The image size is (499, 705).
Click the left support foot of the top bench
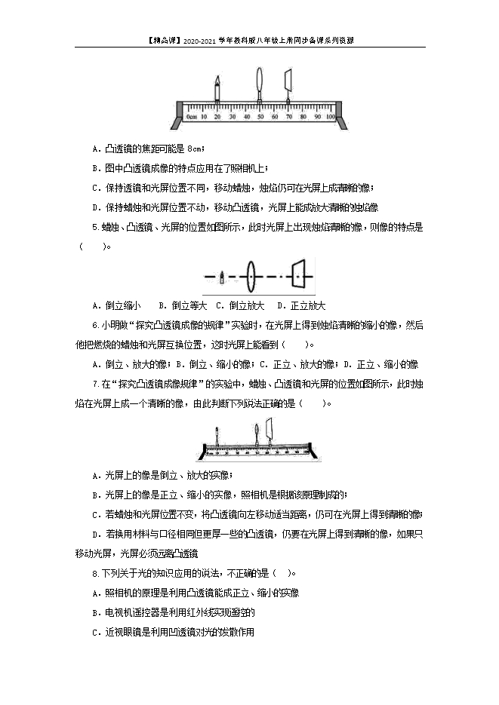tap(175, 121)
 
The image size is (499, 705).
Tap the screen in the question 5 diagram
tap(299, 277)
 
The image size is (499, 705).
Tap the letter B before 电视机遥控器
tap(94, 613)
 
